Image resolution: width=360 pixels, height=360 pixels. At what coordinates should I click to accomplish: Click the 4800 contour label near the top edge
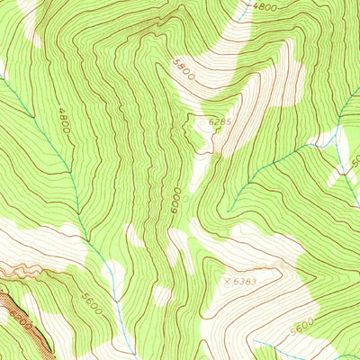coord(265,7)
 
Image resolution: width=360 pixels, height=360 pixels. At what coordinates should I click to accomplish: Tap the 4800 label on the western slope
coord(64,122)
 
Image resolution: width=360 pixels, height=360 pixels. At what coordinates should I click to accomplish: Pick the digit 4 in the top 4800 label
coord(256,7)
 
